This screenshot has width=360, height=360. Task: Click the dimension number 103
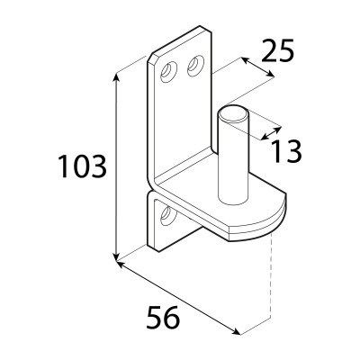82,166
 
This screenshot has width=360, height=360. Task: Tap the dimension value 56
163,317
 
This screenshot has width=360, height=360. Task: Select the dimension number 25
277,50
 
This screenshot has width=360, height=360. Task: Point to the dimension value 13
286,151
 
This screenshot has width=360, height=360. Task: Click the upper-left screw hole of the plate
168,71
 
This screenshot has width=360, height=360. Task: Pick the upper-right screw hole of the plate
195,66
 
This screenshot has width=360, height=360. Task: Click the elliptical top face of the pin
233,114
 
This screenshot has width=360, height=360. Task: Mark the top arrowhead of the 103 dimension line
116,76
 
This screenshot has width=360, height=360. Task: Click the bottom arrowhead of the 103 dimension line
116,256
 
